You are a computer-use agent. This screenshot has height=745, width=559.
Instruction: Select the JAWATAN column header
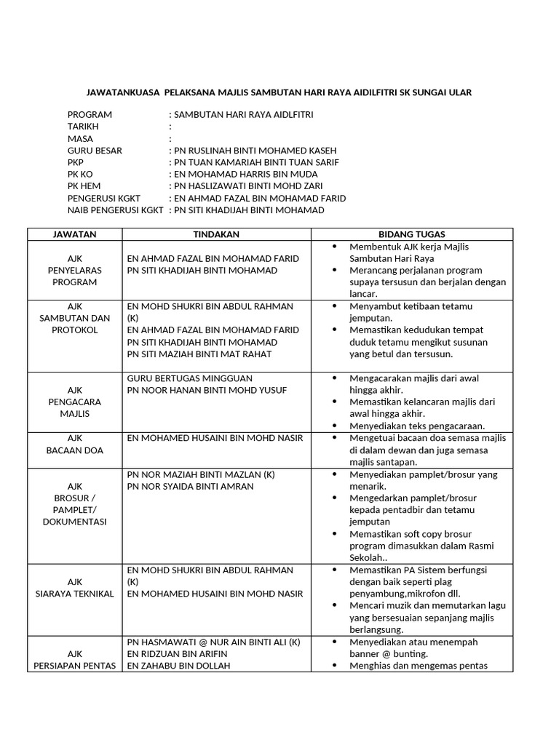coord(75,234)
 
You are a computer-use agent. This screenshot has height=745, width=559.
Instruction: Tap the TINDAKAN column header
coord(216,234)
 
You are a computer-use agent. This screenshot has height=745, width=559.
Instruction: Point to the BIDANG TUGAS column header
coord(412,234)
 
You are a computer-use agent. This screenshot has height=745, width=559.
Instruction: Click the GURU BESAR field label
coord(95,151)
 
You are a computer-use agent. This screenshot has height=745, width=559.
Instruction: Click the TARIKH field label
coord(84,127)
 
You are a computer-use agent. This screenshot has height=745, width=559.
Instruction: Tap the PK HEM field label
coord(84,186)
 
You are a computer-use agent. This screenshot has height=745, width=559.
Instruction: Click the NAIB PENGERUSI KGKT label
coord(115,210)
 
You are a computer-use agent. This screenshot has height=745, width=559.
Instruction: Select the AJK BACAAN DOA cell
coord(75,444)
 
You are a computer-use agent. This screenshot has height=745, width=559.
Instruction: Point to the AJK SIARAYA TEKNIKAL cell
coord(75,588)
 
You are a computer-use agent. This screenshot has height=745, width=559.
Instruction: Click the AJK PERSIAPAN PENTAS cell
coord(75,659)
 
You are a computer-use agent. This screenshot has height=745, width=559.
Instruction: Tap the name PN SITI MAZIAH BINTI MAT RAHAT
coord(199,354)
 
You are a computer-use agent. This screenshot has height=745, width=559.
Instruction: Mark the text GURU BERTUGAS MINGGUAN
coord(190,378)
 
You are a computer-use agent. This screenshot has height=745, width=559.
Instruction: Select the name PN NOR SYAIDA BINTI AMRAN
coord(191,486)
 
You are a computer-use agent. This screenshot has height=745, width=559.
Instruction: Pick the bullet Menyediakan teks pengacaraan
coord(417,426)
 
